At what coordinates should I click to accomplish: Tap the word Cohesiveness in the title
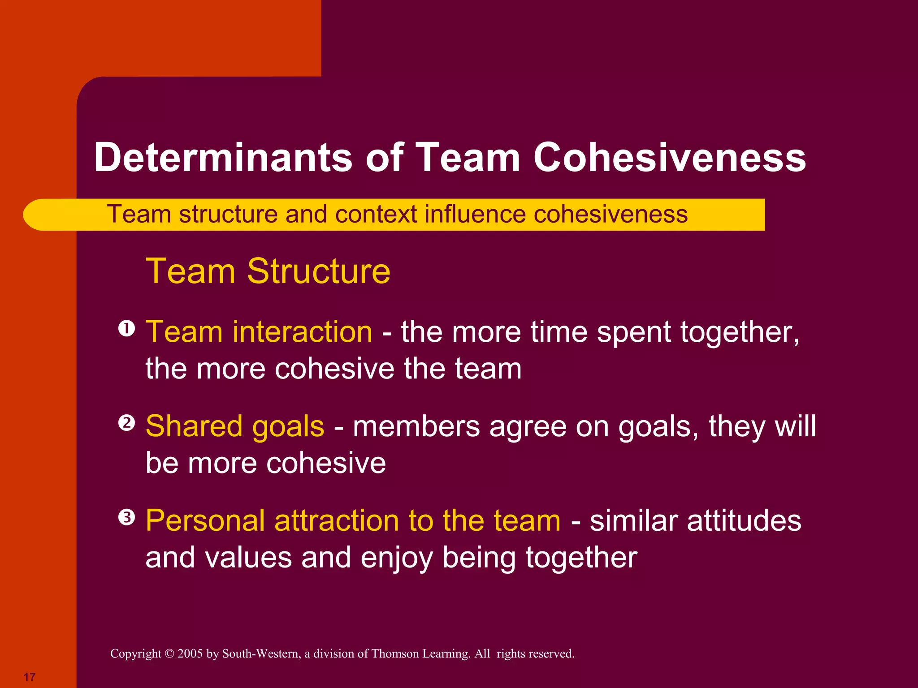(x=670, y=157)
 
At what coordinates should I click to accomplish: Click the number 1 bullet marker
(x=127, y=329)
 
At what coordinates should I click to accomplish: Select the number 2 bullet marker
(x=127, y=423)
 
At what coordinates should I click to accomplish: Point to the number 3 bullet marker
(x=127, y=518)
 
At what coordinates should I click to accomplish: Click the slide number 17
(x=30, y=677)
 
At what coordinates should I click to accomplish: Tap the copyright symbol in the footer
(x=169, y=654)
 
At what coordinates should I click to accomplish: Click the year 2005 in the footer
(x=190, y=654)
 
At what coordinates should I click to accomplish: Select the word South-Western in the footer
(x=261, y=654)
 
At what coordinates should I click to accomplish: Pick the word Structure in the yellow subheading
(x=319, y=271)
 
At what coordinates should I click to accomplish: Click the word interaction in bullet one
(x=302, y=332)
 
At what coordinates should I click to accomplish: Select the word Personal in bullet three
(x=205, y=521)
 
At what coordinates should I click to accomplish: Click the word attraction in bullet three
(x=336, y=521)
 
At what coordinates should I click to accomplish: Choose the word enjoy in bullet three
(x=397, y=558)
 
